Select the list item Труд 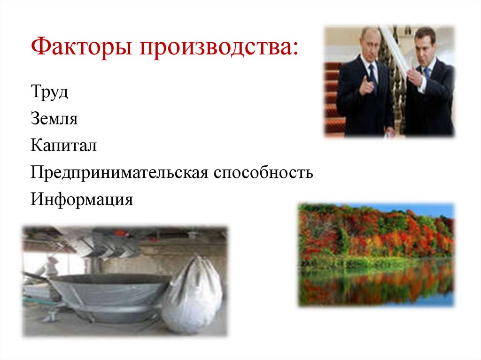click(50, 92)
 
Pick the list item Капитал click(64, 146)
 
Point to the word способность click(264, 173)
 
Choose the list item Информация click(82, 199)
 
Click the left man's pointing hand click(365, 86)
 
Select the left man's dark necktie click(373, 75)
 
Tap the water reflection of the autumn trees click(376, 286)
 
